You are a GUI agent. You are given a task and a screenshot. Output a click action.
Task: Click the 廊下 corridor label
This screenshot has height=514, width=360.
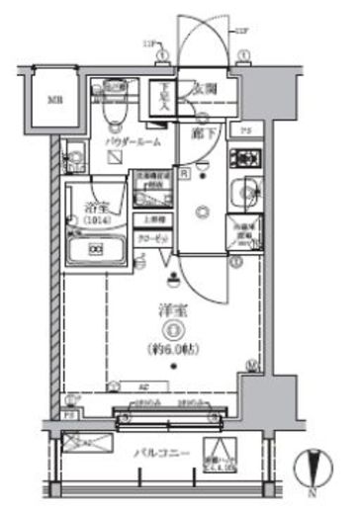click(x=204, y=132)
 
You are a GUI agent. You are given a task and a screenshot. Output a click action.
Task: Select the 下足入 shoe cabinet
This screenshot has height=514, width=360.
click(x=163, y=100)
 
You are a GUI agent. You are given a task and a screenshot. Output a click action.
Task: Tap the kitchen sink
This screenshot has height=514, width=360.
click(x=243, y=193)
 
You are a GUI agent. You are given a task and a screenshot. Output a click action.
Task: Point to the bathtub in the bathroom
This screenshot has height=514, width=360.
click(x=96, y=250)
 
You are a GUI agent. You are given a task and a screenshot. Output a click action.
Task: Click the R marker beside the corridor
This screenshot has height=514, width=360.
click(x=184, y=167)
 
